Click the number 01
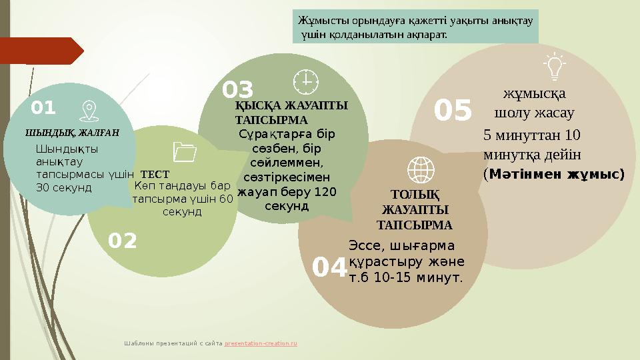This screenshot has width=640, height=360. pyautogui.click(x=44, y=107)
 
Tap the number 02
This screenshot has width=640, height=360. pyautogui.click(x=123, y=241)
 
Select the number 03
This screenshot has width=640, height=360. pyautogui.click(x=238, y=89)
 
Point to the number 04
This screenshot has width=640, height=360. pyautogui.click(x=329, y=268)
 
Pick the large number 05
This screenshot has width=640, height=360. pyautogui.click(x=453, y=111)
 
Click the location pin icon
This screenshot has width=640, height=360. pyautogui.click(x=87, y=111)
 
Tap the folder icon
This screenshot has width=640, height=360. pyautogui.click(x=184, y=153)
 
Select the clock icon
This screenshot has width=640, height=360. pyautogui.click(x=306, y=81)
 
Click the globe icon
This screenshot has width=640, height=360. pyautogui.click(x=420, y=169)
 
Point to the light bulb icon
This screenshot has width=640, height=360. pyautogui.click(x=554, y=66)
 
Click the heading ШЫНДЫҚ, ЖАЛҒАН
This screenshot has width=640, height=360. pyautogui.click(x=72, y=132)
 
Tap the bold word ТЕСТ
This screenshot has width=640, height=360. pyautogui.click(x=155, y=175)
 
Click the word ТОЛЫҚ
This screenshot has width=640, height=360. pyautogui.click(x=415, y=195)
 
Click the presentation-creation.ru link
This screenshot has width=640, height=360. pyautogui.click(x=261, y=343)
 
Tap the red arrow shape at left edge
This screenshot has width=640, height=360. pyautogui.click(x=40, y=51)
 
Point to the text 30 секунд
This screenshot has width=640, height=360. pyautogui.click(x=63, y=188)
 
